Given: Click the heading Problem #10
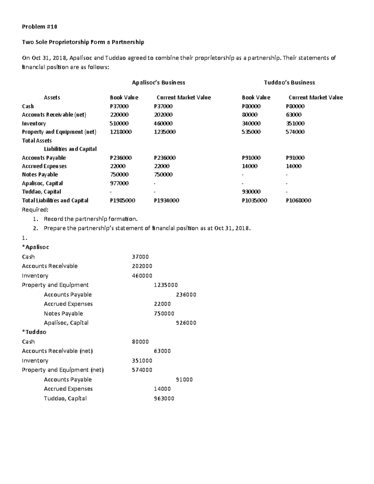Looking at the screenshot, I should coord(39,26).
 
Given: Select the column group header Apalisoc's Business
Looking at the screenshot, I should coord(158,83).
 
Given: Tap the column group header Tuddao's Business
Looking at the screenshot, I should coord(289,83).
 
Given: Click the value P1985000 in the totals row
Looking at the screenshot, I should coord(122,200).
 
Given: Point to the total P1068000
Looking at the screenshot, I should coord(298,200).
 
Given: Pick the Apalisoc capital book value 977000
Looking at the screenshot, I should coord(119,183).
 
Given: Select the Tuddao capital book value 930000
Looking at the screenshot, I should coord(251,192).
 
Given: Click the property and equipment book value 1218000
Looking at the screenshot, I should coord(121,132).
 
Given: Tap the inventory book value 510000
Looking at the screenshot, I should coord(119,123).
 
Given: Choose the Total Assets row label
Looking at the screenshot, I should coord(37,141).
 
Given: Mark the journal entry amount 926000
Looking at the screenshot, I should coord(186,323).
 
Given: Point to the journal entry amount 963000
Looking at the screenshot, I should coord(164,398).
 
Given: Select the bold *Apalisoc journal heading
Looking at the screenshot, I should coord(36,247).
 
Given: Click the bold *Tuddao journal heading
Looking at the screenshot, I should coord(34,332).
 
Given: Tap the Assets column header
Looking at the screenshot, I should coord(52,98).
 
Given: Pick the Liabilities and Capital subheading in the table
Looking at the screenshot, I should coord(70,149).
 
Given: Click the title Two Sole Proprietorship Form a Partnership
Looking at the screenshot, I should coord(83,42).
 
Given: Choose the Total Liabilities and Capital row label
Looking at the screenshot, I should coord(55,200).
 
